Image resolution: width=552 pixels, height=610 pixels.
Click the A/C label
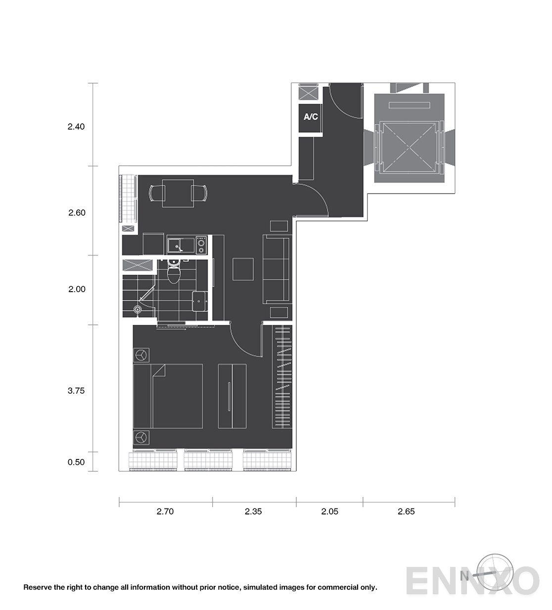[311, 116]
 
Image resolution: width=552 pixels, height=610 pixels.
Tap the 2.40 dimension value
[76, 126]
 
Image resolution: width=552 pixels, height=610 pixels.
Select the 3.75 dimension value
[76, 391]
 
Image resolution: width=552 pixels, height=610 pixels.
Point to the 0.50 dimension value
[76, 462]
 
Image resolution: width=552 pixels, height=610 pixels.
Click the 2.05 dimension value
[329, 511]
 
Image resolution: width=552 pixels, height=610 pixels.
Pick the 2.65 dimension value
[406, 511]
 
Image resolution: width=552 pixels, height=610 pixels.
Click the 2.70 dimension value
[165, 511]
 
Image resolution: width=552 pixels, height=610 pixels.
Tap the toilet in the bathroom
[174, 271]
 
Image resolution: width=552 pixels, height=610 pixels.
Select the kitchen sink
[181, 246]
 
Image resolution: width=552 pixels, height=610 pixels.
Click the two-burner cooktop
[201, 245]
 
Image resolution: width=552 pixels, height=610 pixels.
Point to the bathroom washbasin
[200, 301]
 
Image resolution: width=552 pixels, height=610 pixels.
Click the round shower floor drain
[138, 309]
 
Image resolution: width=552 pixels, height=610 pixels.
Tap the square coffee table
[243, 269]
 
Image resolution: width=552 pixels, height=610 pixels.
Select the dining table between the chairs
[178, 194]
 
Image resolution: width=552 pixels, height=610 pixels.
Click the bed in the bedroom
[168, 396]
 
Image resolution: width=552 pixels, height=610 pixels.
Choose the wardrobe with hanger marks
[282, 377]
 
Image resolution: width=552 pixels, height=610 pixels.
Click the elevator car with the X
[409, 147]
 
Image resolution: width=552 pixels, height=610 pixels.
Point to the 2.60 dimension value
[77, 212]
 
